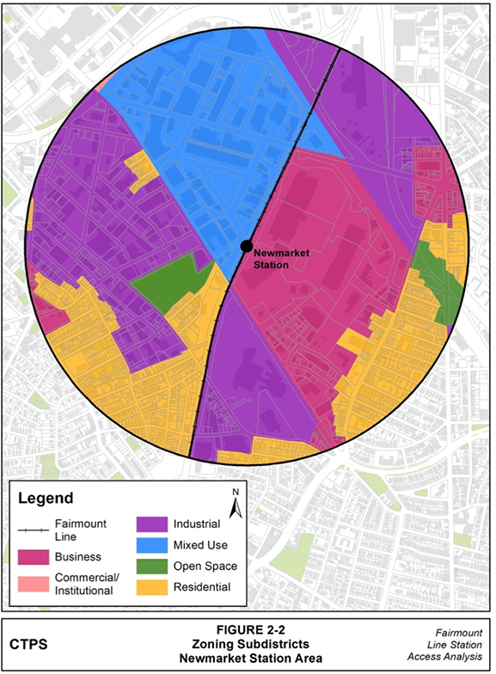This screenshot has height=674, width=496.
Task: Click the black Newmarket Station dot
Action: pyautogui.click(x=247, y=247)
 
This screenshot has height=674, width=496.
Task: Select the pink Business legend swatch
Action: pyautogui.click(x=34, y=557)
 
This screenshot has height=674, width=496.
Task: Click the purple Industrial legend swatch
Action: pyautogui.click(x=152, y=524)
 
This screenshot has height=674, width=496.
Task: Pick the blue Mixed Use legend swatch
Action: pyautogui.click(x=152, y=545)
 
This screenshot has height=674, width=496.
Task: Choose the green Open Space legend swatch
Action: pyautogui.click(x=152, y=567)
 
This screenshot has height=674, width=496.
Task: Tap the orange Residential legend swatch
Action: pyautogui.click(x=152, y=588)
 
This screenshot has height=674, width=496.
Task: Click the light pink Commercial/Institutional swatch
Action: pyautogui.click(x=34, y=584)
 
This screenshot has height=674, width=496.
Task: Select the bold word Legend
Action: pyautogui.click(x=46, y=498)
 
